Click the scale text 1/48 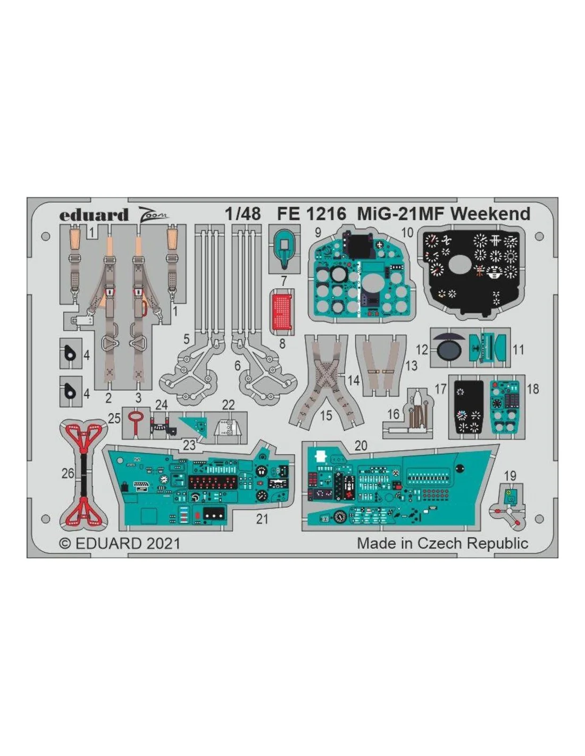click(243, 214)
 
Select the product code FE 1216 click(312, 214)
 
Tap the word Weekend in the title click(492, 214)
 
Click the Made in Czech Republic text click(442, 543)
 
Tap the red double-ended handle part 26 click(83, 475)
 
